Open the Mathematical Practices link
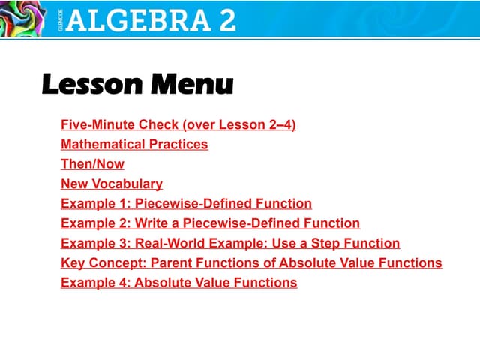pos(134,144)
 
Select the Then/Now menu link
pos(92,163)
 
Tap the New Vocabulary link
pos(112,184)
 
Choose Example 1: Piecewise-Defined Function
pos(186,203)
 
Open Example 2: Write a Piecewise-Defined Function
pos(210,223)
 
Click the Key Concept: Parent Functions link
pos(251,262)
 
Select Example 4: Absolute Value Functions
pos(178,283)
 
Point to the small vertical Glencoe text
pos(61,19)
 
